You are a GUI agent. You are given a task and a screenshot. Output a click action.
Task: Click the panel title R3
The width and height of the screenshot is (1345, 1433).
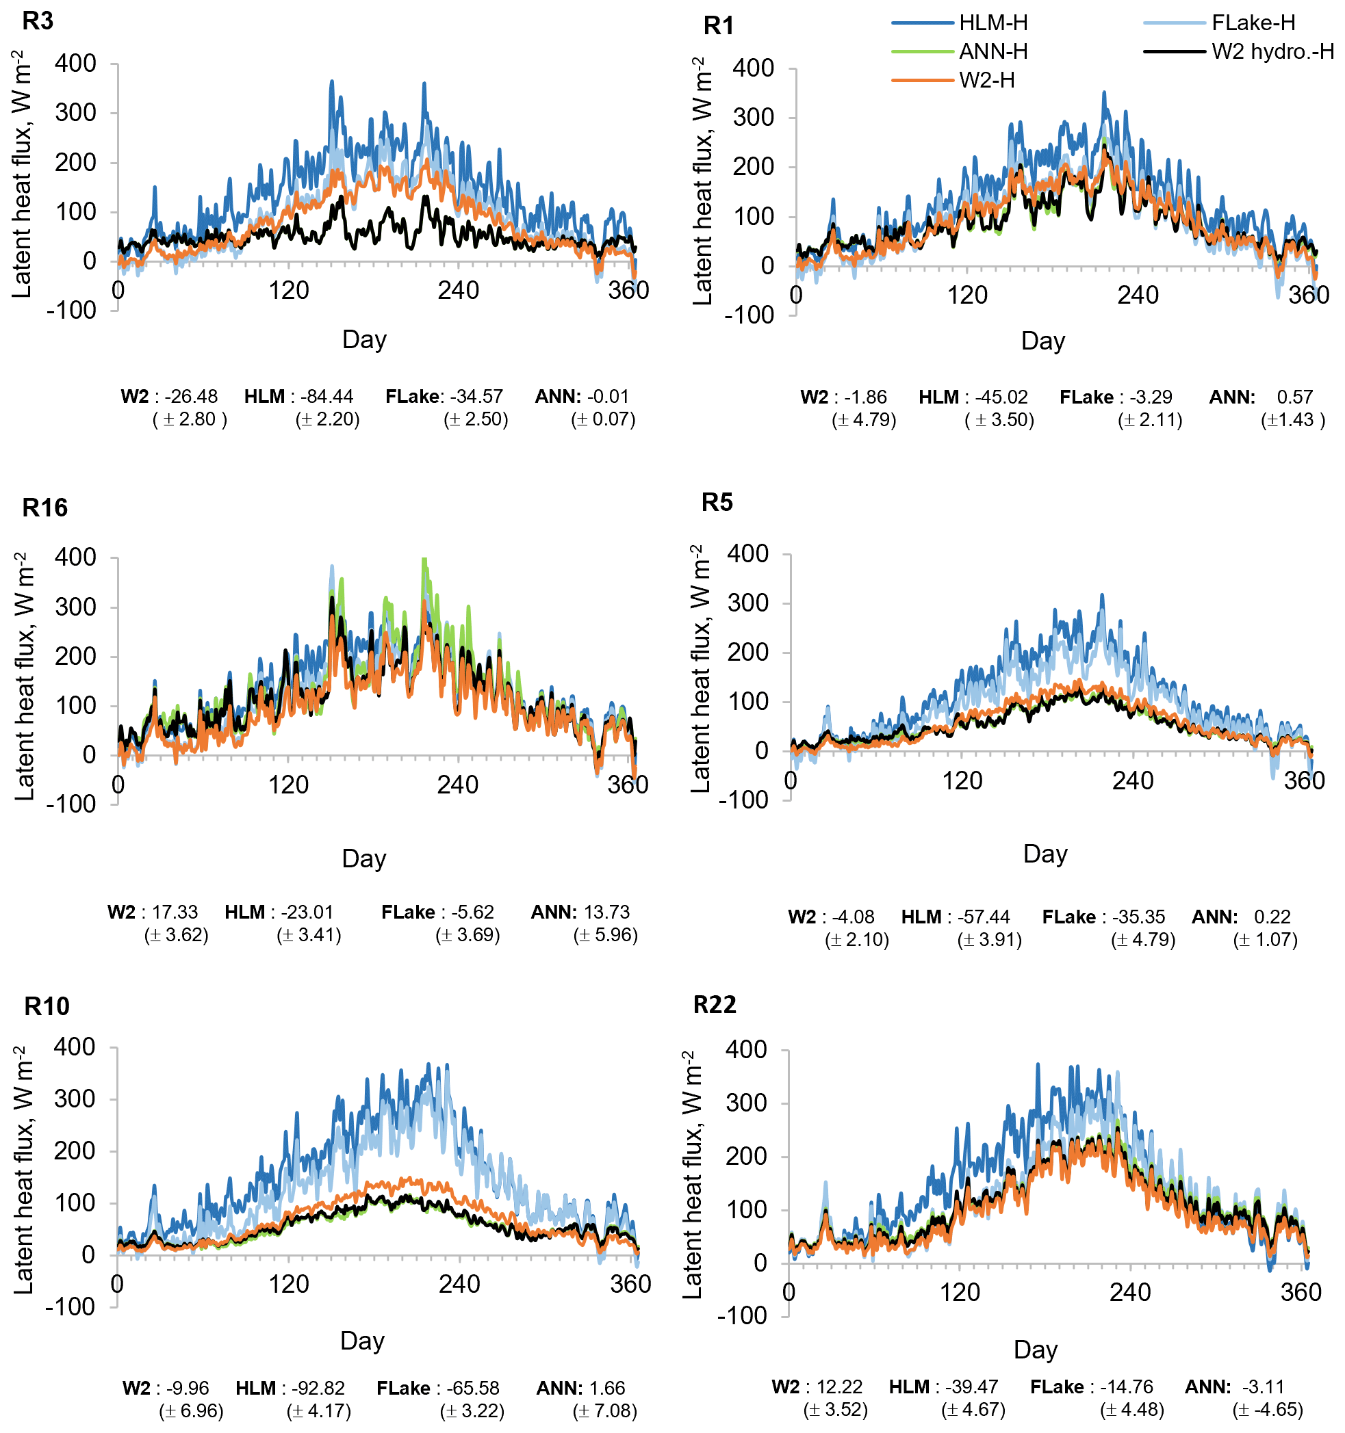pos(38,21)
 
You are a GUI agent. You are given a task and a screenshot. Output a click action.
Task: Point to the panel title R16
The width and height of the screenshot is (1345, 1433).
pos(44,508)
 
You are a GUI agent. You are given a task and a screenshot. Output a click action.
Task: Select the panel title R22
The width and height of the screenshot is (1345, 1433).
pos(714,1005)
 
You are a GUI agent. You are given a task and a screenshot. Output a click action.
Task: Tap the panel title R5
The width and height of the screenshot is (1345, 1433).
pos(717,503)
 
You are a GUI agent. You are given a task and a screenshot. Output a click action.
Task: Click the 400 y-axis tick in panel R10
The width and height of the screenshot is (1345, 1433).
pos(75,1047)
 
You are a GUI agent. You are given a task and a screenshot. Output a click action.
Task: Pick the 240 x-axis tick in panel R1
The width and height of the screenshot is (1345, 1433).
pos(1138,295)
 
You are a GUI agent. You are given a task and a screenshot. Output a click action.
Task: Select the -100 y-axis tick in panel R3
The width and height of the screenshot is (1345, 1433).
pos(71,311)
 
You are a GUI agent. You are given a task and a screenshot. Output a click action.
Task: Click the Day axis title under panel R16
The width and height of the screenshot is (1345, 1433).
pos(364,858)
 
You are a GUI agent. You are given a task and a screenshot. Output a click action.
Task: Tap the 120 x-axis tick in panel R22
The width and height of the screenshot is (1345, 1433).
pos(959,1291)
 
